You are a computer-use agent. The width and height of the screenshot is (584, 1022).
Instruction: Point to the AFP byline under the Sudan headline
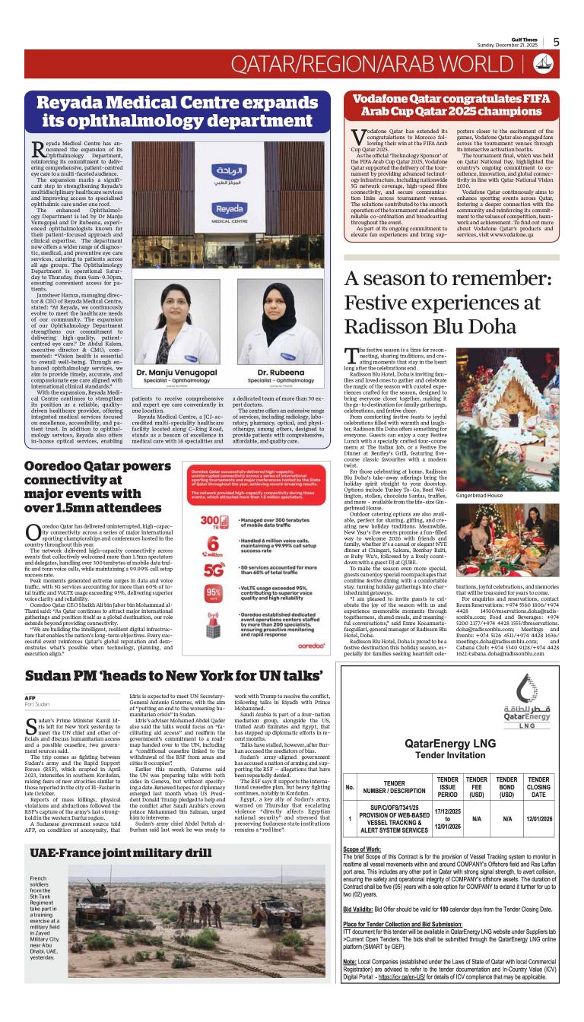(30, 697)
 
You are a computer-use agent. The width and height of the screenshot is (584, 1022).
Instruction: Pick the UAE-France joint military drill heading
(120, 853)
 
